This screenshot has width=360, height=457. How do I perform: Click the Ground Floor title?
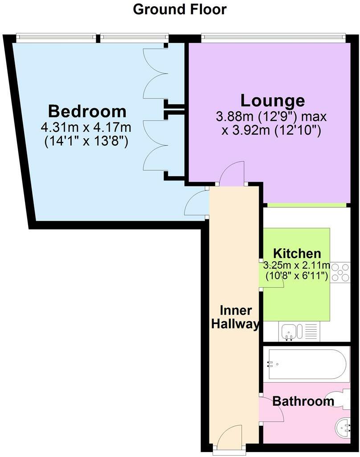tap(180, 9)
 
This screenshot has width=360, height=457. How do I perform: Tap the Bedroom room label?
tap(87, 111)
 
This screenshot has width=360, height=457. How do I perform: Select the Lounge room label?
tap(273, 100)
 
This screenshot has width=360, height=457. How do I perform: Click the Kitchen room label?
tap(296, 254)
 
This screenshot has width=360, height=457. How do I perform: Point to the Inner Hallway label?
tap(234, 317)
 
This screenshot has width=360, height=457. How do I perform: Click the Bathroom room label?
tap(303, 401)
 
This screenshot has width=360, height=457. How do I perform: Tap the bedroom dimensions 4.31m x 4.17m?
tap(86, 127)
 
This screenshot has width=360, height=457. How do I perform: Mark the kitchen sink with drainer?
tap(294, 332)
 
